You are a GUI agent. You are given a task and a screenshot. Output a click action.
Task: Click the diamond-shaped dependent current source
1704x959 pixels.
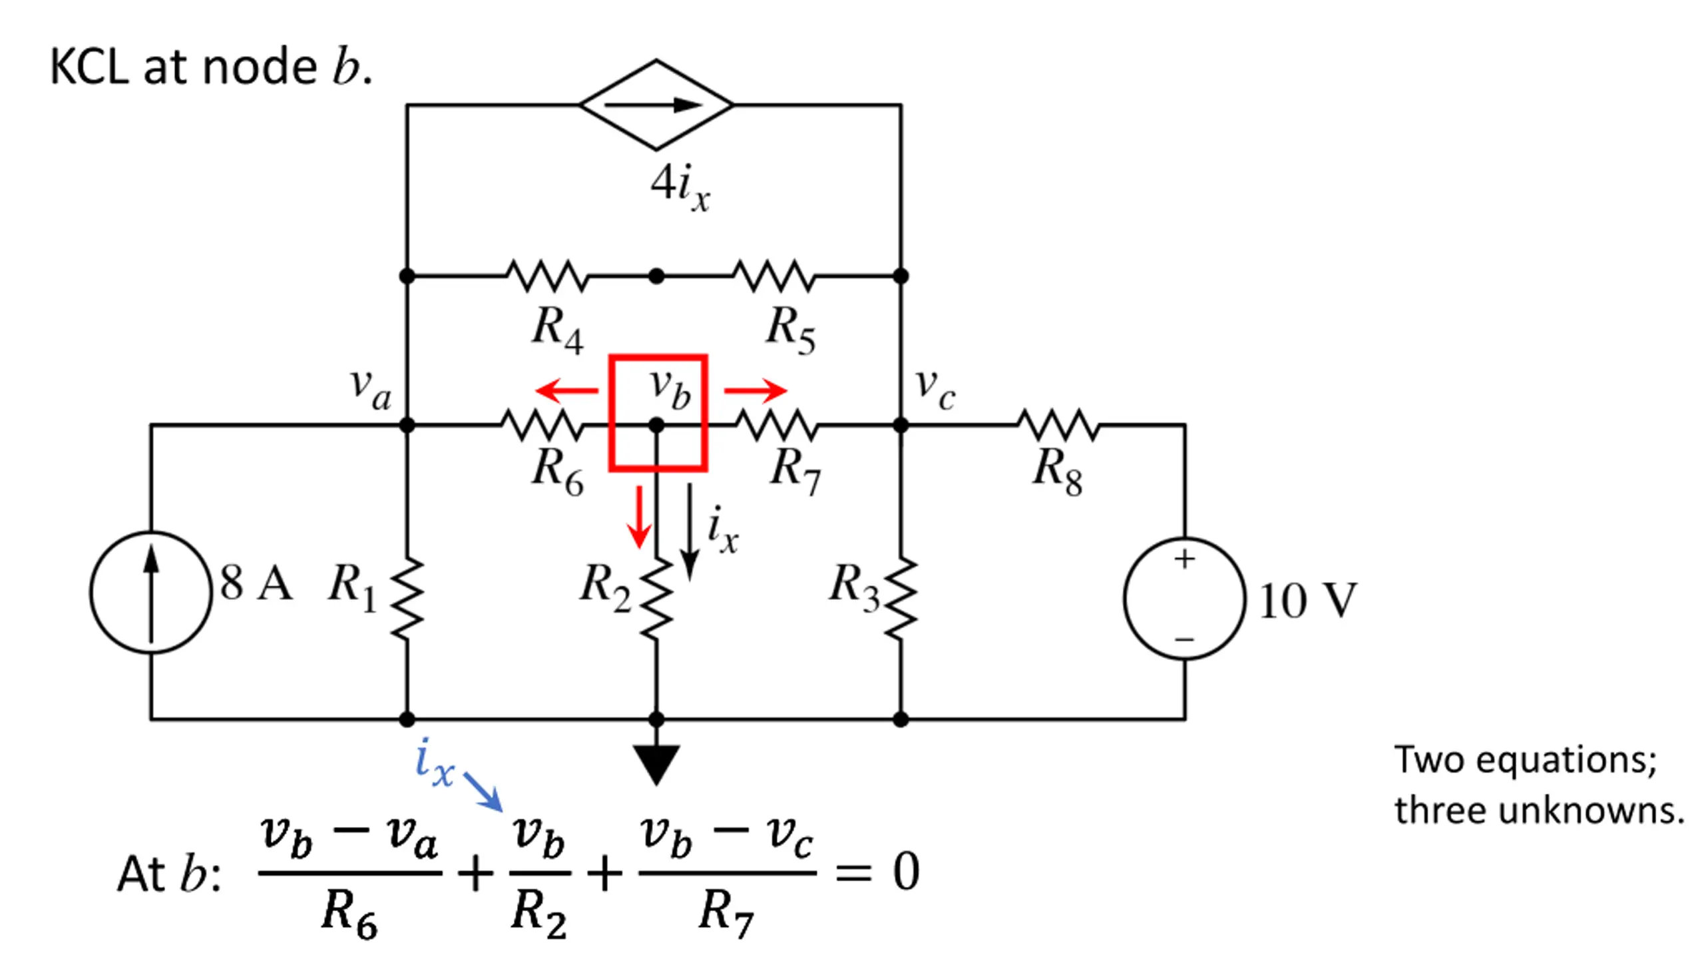[x=656, y=105]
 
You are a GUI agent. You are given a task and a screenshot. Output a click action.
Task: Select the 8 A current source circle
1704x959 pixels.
[x=151, y=591]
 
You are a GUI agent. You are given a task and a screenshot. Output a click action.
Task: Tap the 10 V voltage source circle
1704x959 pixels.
[x=1184, y=598]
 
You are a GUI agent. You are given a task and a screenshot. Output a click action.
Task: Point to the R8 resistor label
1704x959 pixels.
[x=1058, y=472]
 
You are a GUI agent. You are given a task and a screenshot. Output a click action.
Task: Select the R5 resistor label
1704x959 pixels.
[x=791, y=329]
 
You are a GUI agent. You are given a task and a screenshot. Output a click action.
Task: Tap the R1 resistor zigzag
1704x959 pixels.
[x=407, y=600]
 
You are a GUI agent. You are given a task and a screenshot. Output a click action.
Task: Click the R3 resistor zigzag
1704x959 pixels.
[x=901, y=600]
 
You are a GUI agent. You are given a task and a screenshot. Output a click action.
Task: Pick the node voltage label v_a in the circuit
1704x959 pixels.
[x=371, y=389]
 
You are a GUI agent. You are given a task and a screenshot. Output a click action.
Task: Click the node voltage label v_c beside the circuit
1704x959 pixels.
[x=935, y=389]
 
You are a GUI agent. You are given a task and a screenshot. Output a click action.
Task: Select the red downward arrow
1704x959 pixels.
[x=639, y=517]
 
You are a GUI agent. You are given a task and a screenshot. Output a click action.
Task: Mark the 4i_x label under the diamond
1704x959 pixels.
[x=680, y=188]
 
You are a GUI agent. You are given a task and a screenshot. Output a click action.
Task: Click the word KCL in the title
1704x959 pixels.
[x=89, y=67]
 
